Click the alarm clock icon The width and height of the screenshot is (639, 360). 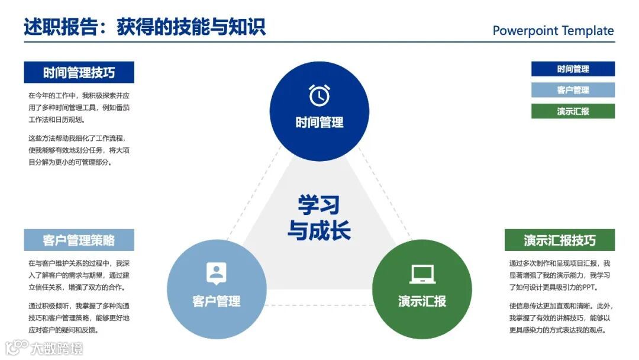pos(319,95)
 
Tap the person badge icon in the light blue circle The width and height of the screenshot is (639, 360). pos(216,273)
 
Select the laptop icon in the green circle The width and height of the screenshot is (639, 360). pos(422,274)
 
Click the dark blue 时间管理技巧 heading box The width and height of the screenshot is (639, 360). pos(79,72)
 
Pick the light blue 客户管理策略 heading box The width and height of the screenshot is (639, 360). pos(79,240)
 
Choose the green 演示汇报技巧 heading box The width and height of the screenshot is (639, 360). pos(559,240)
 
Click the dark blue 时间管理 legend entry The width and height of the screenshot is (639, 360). pos(573,69)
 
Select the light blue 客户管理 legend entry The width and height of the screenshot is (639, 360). pos(573,90)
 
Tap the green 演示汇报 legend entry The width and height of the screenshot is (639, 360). pos(573,111)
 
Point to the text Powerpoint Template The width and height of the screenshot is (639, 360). pos(553,31)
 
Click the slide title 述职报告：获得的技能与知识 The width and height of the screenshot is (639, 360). pos(145,27)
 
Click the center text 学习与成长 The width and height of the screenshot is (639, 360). pos(319,217)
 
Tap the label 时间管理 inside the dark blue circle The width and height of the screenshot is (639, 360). pos(319,123)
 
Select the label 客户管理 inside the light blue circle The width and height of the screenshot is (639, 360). pos(216,301)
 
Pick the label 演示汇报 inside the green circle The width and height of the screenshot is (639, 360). pos(422,301)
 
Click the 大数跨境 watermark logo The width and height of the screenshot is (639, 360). pos(44,348)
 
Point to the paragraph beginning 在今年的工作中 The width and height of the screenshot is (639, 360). pos(79,107)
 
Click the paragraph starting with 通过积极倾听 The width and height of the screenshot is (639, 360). pos(79,318)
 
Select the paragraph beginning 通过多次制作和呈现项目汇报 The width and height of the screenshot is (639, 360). pos(559,275)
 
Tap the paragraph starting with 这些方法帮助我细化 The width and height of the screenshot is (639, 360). pos(79,150)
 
